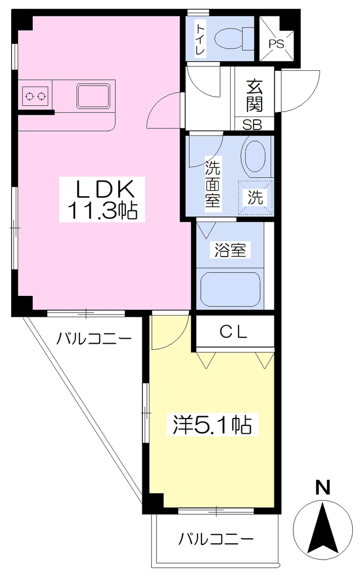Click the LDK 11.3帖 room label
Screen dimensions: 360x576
(102, 200)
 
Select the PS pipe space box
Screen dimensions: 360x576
(277, 39)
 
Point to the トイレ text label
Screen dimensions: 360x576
(200, 39)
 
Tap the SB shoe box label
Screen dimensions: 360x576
(253, 125)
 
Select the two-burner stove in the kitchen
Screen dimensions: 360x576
(35, 96)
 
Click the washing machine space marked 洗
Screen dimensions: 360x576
(255, 197)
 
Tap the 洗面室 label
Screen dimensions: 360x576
(213, 184)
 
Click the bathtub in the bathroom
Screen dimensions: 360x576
(230, 290)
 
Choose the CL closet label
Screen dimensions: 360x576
(233, 332)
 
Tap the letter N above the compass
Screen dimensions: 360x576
(323, 488)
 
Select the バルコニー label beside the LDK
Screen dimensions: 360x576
(94, 338)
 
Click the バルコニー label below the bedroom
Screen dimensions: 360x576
(216, 539)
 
